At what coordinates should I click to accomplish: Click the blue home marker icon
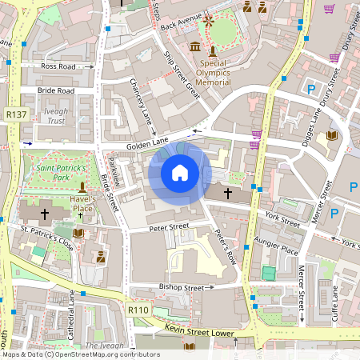(180, 173)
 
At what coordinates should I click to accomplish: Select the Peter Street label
(169, 227)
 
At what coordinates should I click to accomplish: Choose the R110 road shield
(138, 309)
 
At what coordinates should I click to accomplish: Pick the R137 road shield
(15, 114)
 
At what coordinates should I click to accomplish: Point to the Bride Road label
(55, 90)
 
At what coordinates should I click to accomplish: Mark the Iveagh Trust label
(55, 116)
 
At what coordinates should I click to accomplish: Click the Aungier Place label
(278, 250)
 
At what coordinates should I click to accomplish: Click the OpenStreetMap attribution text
(80, 354)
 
